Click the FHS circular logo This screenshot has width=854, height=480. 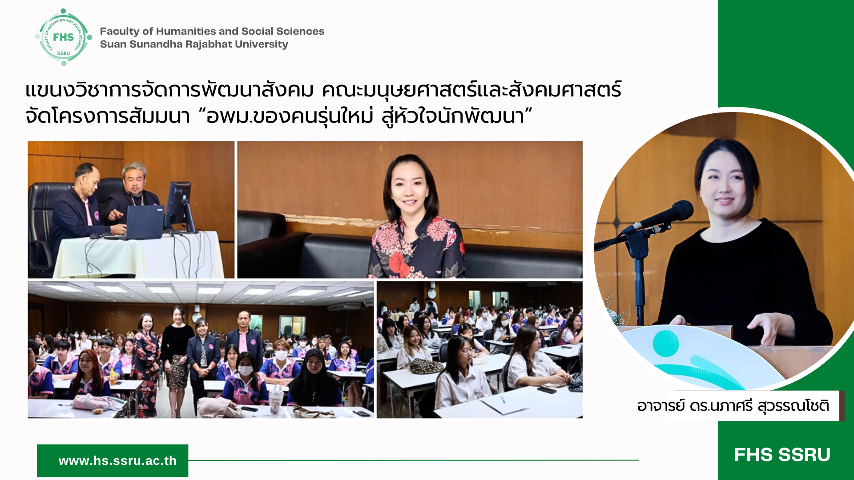click(64, 37)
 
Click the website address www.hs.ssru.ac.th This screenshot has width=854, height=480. click(117, 461)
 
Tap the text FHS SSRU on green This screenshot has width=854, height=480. click(782, 455)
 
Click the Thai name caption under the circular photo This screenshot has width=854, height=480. click(733, 406)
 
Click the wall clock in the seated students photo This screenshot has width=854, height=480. click(431, 293)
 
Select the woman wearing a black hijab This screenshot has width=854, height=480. click(314, 378)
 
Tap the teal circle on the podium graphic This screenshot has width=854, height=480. click(666, 344)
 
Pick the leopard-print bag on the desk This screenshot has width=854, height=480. click(427, 366)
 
